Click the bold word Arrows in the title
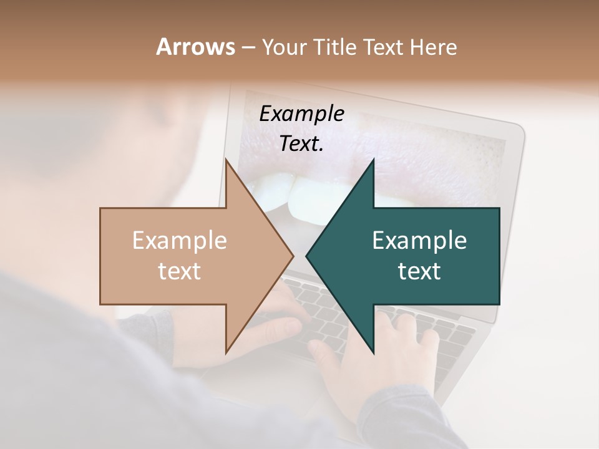point(195,47)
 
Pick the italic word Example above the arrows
point(301,114)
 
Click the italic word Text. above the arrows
point(301,144)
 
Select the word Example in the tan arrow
point(180,241)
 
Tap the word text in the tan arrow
point(180,271)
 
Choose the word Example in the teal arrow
point(419,241)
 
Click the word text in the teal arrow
point(419,271)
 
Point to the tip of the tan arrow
point(293,256)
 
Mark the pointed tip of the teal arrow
point(306,256)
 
